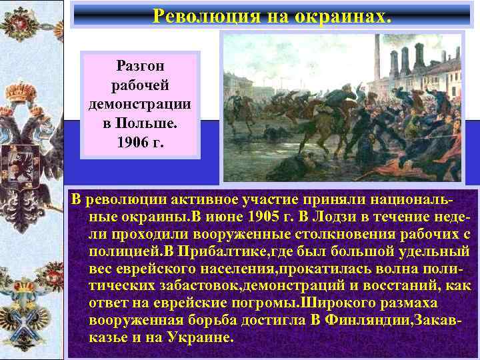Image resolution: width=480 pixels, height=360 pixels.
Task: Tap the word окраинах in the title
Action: [x=347, y=15]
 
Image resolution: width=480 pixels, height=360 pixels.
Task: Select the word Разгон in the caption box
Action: [x=140, y=66]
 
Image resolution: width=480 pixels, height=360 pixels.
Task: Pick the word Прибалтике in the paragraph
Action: [x=203, y=251]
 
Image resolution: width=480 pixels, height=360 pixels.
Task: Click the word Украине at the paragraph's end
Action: [x=201, y=338]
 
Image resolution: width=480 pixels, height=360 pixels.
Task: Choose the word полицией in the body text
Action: [x=127, y=251]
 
